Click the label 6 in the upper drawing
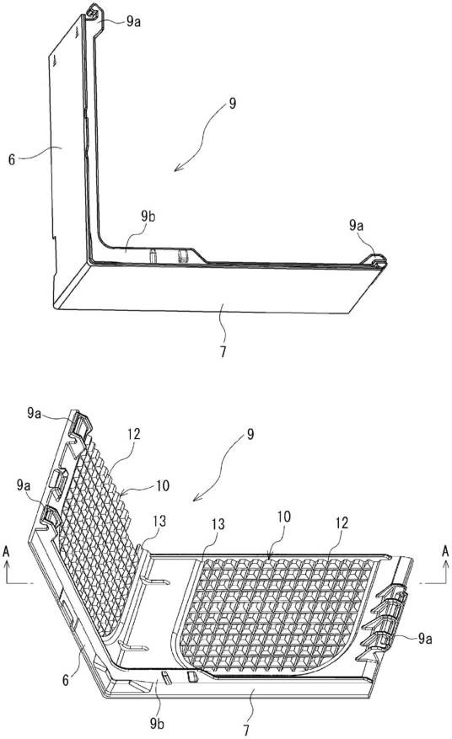click(12, 158)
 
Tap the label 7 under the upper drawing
click(223, 351)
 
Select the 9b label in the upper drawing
click(148, 217)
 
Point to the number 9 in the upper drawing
click(232, 104)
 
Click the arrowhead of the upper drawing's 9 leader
click(177, 168)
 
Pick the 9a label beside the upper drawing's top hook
click(133, 22)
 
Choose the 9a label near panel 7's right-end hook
click(356, 225)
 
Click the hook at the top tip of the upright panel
click(94, 11)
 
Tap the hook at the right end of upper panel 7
click(379, 261)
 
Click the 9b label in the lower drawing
click(157, 723)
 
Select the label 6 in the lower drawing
click(66, 680)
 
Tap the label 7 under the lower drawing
click(245, 730)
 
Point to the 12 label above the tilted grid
click(134, 434)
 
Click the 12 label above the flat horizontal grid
click(342, 522)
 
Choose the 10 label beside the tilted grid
click(163, 485)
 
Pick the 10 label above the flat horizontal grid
click(284, 517)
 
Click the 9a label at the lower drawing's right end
click(425, 638)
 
